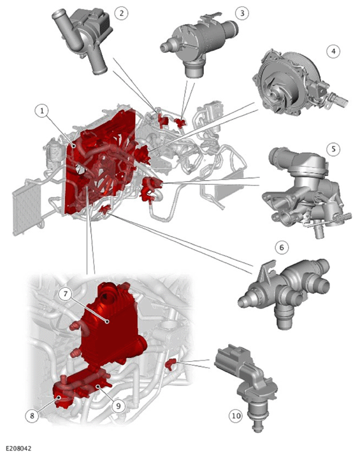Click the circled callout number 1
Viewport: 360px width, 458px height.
pyautogui.click(x=42, y=111)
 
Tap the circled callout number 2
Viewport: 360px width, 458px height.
pyautogui.click(x=121, y=13)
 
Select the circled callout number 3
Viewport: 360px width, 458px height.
pyautogui.click(x=242, y=13)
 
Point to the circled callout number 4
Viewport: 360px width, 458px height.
pyautogui.click(x=333, y=52)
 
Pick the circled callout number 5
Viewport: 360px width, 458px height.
pyautogui.click(x=333, y=149)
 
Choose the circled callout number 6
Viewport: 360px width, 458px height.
pyautogui.click(x=282, y=248)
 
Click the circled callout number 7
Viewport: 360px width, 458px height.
pyautogui.click(x=66, y=294)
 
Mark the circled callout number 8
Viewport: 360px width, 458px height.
pyautogui.click(x=32, y=416)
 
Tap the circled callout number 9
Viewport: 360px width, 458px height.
pyautogui.click(x=119, y=406)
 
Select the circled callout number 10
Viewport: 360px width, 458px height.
pyautogui.click(x=236, y=415)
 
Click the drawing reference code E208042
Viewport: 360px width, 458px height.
pyautogui.click(x=18, y=448)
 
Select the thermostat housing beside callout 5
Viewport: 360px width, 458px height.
pyautogui.click(x=304, y=190)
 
